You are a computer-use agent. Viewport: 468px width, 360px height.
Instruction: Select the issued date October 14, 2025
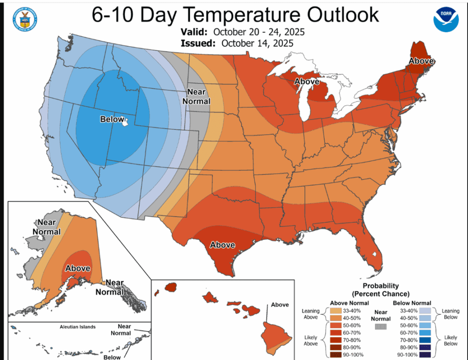(x=257, y=43)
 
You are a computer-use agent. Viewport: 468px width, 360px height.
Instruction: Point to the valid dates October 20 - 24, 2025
(x=258, y=32)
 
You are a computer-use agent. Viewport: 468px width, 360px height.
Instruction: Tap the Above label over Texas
(x=223, y=245)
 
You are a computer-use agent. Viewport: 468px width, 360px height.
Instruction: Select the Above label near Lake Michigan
(x=307, y=81)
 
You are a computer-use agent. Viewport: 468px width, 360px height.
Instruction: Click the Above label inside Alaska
(x=77, y=269)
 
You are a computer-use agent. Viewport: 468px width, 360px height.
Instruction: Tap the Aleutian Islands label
(x=77, y=327)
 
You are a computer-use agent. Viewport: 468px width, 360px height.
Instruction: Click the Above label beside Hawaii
(x=280, y=305)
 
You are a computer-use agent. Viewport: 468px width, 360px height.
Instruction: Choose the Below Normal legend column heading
(x=412, y=303)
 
